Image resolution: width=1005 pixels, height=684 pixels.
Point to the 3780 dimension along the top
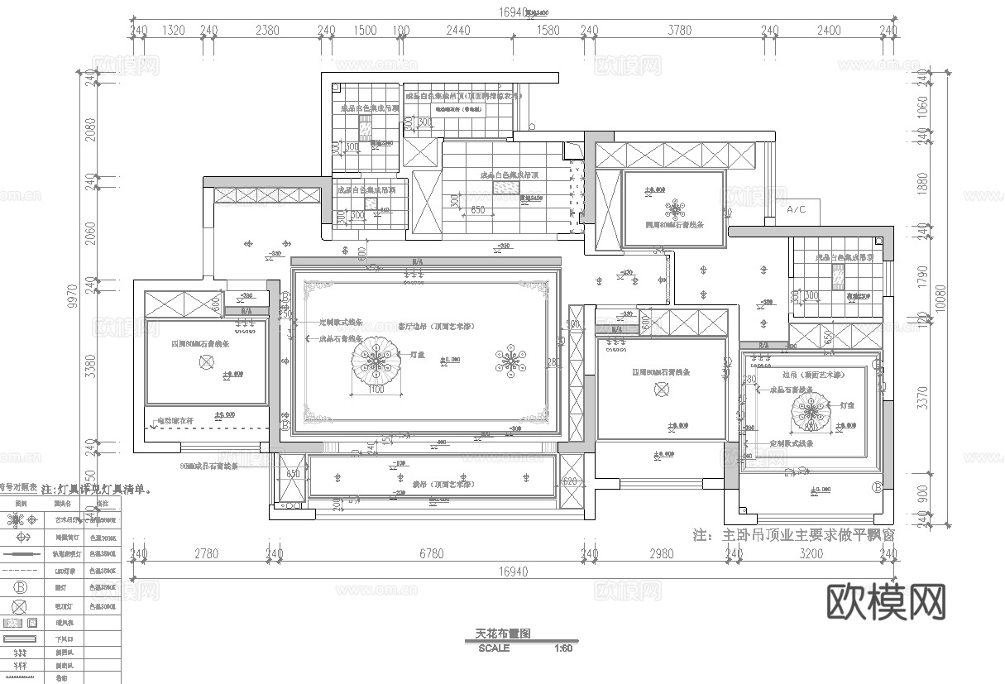pos(679,31)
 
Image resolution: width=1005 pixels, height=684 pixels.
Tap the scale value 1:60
pos(563,648)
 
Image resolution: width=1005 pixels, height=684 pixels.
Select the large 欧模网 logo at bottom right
pos(886,601)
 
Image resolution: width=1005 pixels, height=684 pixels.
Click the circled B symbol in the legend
pos(20,587)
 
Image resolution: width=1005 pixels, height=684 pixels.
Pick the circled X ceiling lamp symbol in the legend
pos(20,605)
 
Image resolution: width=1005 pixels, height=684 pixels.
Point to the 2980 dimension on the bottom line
pos(662,553)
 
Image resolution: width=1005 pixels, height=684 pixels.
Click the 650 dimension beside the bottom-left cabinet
pos(292,474)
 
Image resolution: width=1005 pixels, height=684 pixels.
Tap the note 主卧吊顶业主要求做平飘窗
pos(794,535)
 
